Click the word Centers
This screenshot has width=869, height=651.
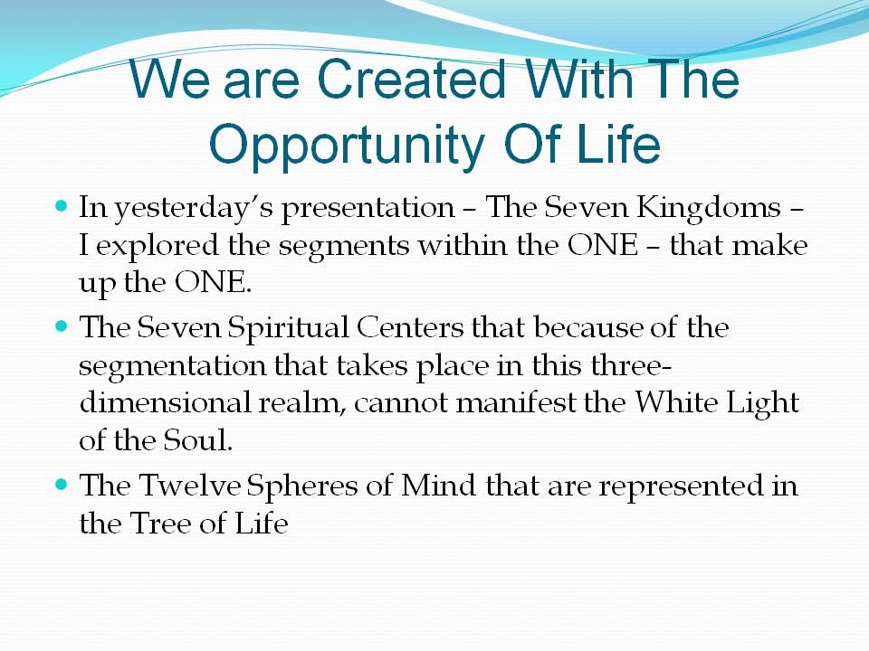coord(410,327)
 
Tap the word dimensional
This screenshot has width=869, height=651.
coord(165,402)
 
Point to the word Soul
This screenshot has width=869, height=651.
coord(197,440)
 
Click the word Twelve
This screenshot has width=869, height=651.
coord(188,486)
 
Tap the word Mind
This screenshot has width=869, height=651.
coord(438,486)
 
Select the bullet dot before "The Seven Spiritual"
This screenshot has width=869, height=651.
coord(62,326)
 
